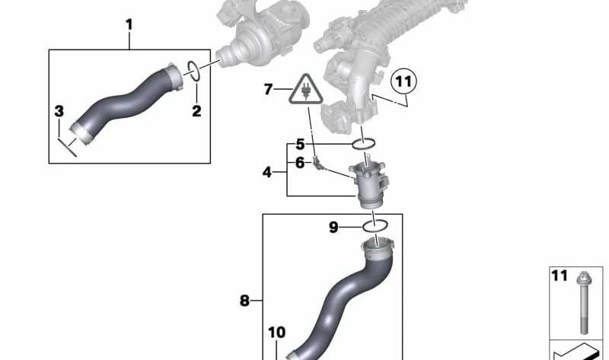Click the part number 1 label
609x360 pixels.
[129, 25]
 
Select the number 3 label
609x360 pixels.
[59, 112]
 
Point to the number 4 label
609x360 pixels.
[267, 173]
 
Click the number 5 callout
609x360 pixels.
[300, 144]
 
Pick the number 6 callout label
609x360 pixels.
[300, 162]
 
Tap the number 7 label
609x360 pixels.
[268, 90]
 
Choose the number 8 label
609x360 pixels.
[244, 301]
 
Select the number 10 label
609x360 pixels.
[276, 332]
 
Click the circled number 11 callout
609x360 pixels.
[402, 80]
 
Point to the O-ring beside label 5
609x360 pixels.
[364, 144]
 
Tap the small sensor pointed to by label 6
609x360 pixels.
[324, 164]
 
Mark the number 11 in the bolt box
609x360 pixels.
[560, 276]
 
